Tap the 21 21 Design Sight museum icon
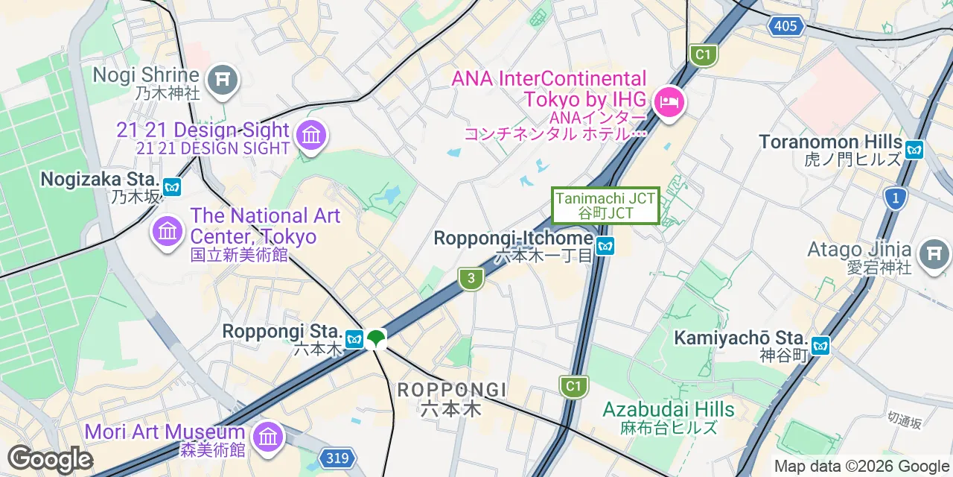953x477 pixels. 311,136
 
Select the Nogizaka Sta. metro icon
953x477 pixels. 173,186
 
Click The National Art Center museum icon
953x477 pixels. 167,231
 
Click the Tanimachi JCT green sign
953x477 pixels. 605,205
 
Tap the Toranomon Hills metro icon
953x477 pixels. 914,149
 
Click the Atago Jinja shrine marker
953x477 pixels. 934,255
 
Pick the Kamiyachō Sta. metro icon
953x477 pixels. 820,345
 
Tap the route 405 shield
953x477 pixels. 786,27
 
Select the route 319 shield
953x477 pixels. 336,458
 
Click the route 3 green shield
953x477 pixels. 471,279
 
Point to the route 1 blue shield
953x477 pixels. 895,198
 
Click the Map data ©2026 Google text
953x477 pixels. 861,467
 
